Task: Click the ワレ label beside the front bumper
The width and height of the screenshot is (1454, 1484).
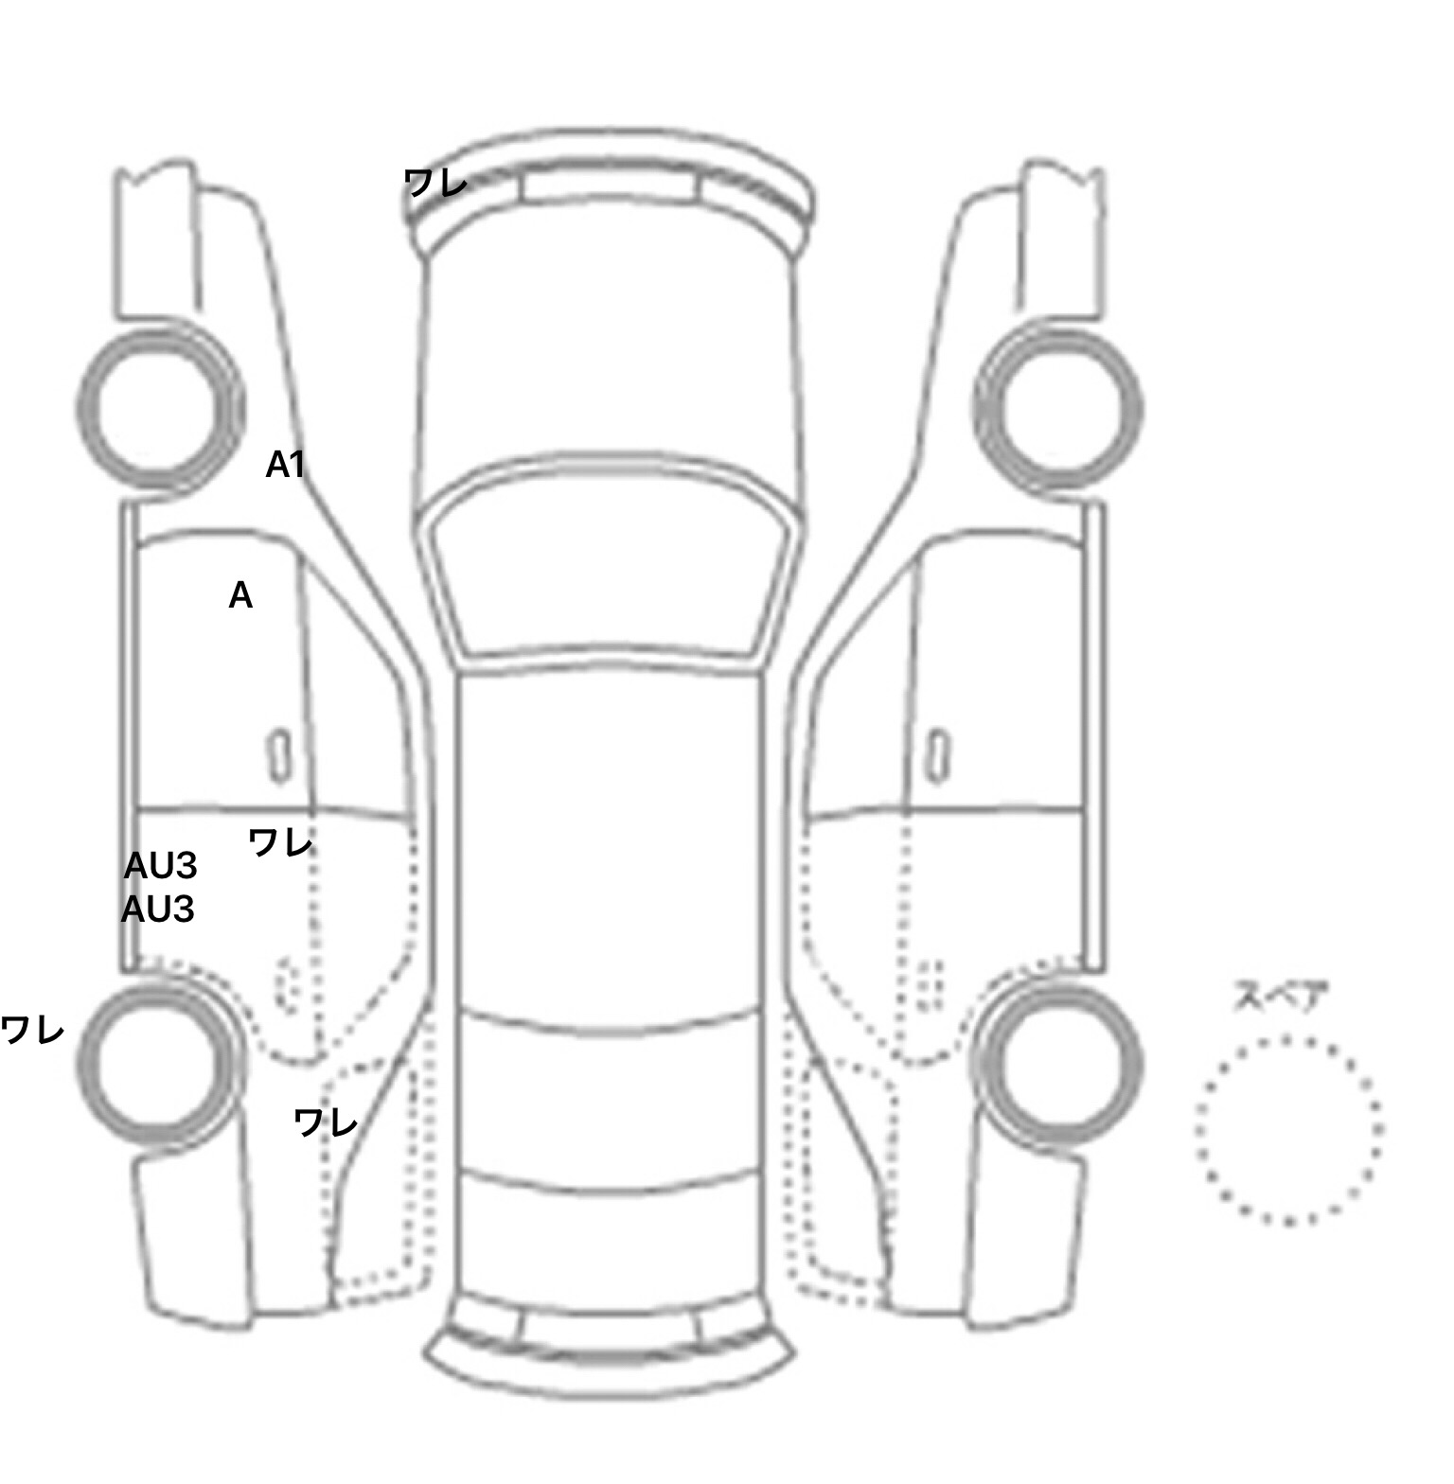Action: pyautogui.click(x=435, y=182)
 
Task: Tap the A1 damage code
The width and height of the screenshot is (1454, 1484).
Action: pyautogui.click(x=285, y=465)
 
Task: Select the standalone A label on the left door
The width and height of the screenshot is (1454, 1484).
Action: pyautogui.click(x=240, y=595)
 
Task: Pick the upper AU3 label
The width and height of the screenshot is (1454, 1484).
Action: pyautogui.click(x=161, y=865)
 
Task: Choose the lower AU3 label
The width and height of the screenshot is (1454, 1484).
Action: pyautogui.click(x=158, y=910)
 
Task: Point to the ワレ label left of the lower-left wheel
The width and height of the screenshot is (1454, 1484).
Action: pyautogui.click(x=32, y=1029)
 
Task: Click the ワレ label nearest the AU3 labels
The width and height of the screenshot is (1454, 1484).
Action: pyautogui.click(x=280, y=841)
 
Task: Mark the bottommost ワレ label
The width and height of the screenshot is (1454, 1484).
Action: pyautogui.click(x=326, y=1122)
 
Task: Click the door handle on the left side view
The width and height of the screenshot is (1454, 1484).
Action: pyautogui.click(x=279, y=756)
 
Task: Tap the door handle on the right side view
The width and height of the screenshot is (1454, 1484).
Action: pyautogui.click(x=937, y=756)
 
